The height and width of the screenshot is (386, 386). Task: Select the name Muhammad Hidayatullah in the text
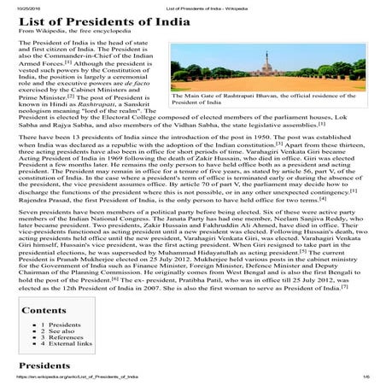pyautogui.click(x=213, y=254)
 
